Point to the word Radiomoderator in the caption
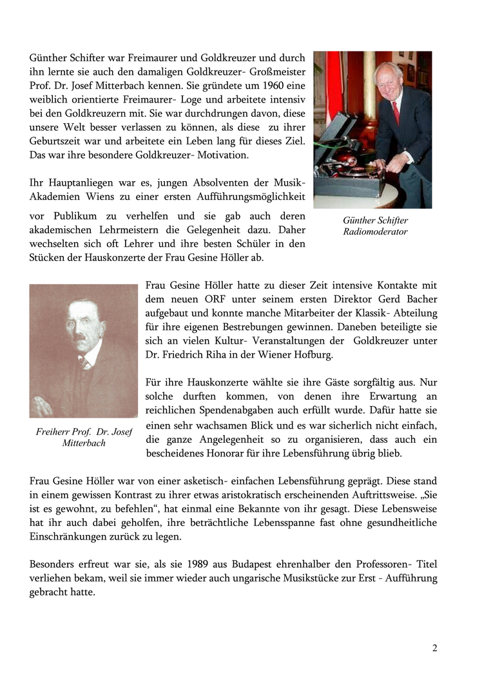click(x=375, y=231)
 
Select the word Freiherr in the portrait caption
click(x=53, y=432)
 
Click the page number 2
click(x=434, y=648)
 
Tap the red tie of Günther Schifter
click(x=396, y=112)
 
